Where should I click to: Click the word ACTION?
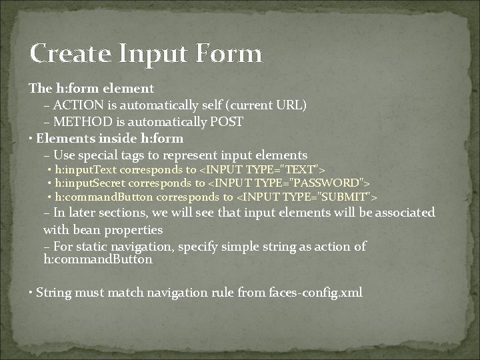pyautogui.click(x=75, y=105)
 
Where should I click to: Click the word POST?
pyautogui.click(x=226, y=122)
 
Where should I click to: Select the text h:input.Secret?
pyautogui.click(x=89, y=183)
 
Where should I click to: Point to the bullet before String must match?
pyautogui.click(x=31, y=292)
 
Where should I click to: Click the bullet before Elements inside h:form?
pyautogui.click(x=31, y=139)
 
